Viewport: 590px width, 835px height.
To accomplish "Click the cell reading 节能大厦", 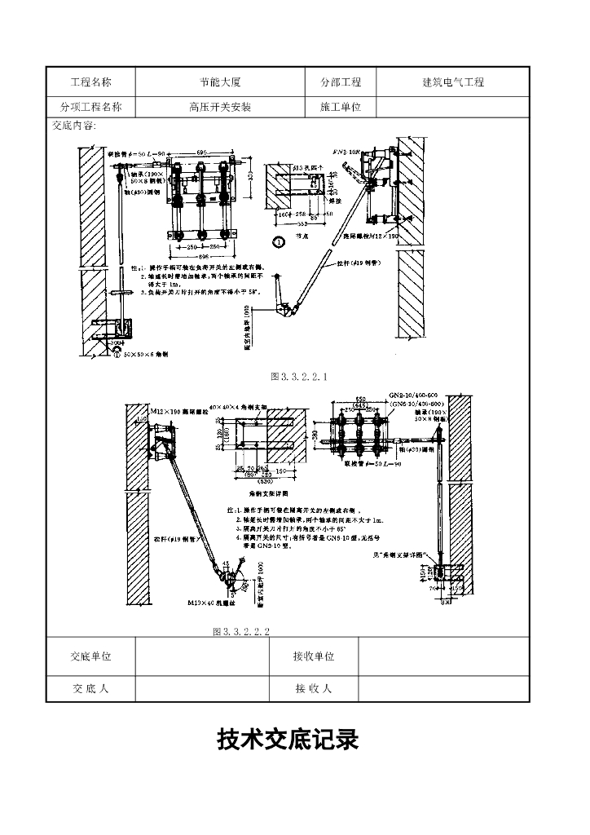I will tap(221, 82).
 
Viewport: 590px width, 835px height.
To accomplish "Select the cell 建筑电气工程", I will tap(452, 82).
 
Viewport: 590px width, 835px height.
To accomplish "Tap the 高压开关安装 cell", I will tap(220, 107).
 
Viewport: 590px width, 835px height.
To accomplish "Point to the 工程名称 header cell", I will tap(90, 82).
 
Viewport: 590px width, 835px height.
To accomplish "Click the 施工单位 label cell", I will tap(341, 107).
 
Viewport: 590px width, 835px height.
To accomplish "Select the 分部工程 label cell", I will tap(341, 82).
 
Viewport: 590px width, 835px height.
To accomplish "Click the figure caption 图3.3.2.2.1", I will tap(298, 377).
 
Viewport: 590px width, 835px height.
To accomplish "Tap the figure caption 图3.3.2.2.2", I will tap(240, 631).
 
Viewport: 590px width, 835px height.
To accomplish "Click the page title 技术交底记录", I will tap(288, 740).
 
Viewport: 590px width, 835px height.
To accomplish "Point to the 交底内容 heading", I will tap(74, 126).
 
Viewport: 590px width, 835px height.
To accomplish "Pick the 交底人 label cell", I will tap(90, 688).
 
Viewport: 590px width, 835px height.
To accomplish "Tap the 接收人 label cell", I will tap(314, 688).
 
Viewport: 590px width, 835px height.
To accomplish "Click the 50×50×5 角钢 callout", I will tap(151, 356).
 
